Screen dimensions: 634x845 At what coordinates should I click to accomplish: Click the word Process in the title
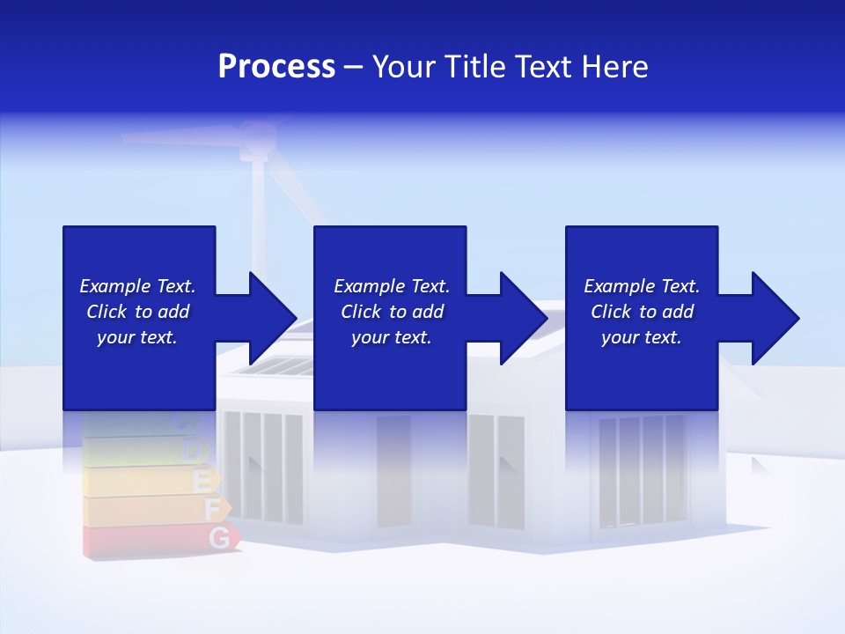click(x=276, y=67)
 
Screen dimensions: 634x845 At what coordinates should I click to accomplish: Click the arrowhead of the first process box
click(x=273, y=318)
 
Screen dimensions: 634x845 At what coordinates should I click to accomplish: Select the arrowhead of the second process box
click(x=524, y=318)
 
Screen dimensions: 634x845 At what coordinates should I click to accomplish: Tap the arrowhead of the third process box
click(x=775, y=318)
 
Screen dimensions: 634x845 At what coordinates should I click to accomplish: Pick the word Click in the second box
click(x=361, y=312)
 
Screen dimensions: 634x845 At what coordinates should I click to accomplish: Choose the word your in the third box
click(x=620, y=337)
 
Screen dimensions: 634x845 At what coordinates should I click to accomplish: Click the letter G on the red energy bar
click(x=221, y=536)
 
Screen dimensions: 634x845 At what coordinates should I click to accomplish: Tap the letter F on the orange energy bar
click(x=212, y=508)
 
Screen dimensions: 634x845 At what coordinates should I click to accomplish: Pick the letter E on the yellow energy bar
click(x=202, y=481)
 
